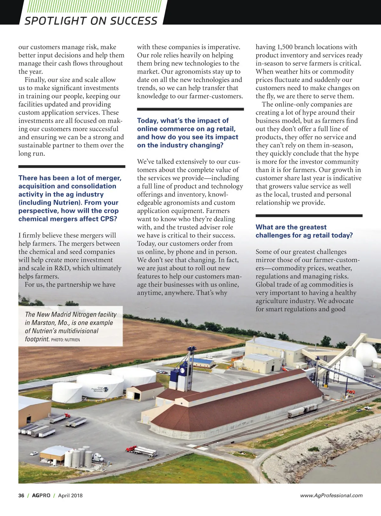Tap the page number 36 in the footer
21,495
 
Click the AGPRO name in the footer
41,495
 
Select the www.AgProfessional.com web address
331,495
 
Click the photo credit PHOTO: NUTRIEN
65,340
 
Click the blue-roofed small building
204,362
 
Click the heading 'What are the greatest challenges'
304,231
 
